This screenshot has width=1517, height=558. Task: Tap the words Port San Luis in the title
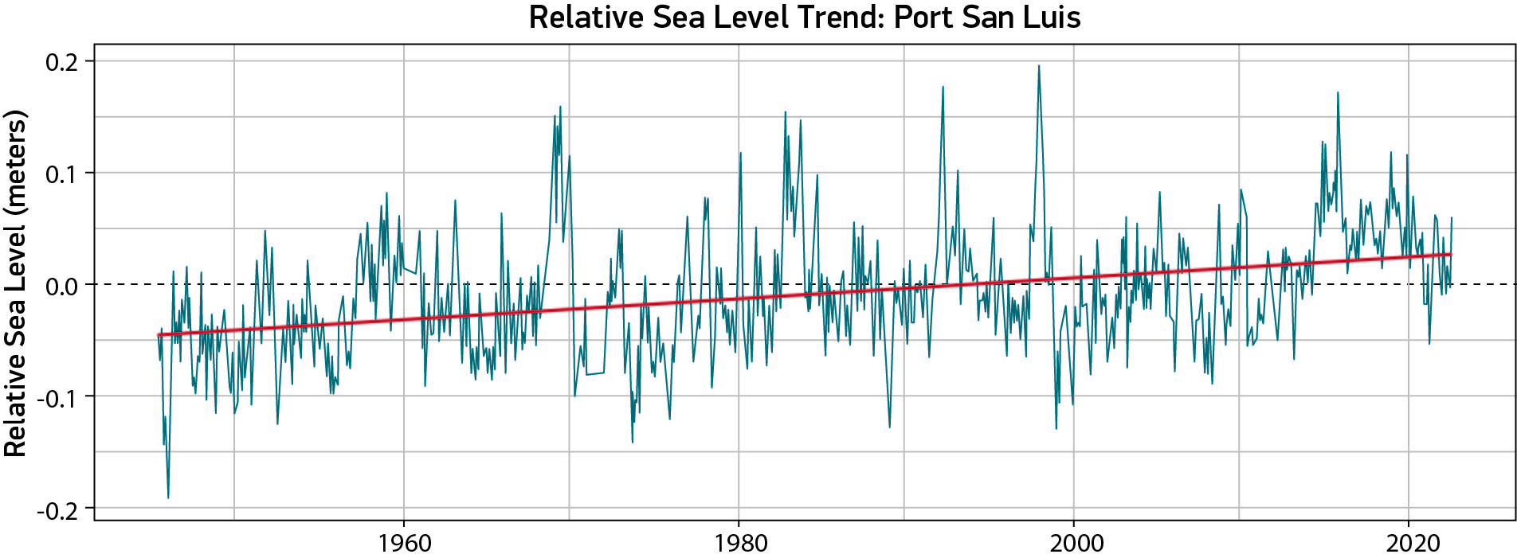[x=987, y=18]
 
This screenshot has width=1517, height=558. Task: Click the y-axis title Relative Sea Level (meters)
[x=16, y=283]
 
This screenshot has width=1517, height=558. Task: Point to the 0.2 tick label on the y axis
[x=61, y=62]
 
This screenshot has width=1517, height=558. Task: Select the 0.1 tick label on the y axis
[x=61, y=174]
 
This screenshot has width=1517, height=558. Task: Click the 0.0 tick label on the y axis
[x=61, y=286]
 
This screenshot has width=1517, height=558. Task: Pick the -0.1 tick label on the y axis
[x=57, y=397]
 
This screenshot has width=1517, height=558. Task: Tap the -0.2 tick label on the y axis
[x=57, y=509]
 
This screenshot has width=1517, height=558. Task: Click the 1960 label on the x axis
[x=404, y=544]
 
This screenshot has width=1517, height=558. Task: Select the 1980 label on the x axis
[x=739, y=544]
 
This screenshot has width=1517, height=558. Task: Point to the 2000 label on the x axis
[x=1075, y=544]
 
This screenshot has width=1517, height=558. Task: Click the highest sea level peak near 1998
[x=1038, y=67]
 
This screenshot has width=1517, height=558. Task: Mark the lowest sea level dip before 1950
[x=168, y=497]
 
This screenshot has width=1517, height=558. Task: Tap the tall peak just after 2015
[x=1338, y=94]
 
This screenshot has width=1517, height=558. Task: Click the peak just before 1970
[x=560, y=107]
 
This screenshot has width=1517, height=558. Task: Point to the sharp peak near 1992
[x=943, y=88]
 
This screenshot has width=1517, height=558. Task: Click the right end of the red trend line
[x=1451, y=255]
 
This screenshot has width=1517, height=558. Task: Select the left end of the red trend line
[x=159, y=335]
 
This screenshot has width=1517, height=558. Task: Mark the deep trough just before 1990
[x=889, y=427]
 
